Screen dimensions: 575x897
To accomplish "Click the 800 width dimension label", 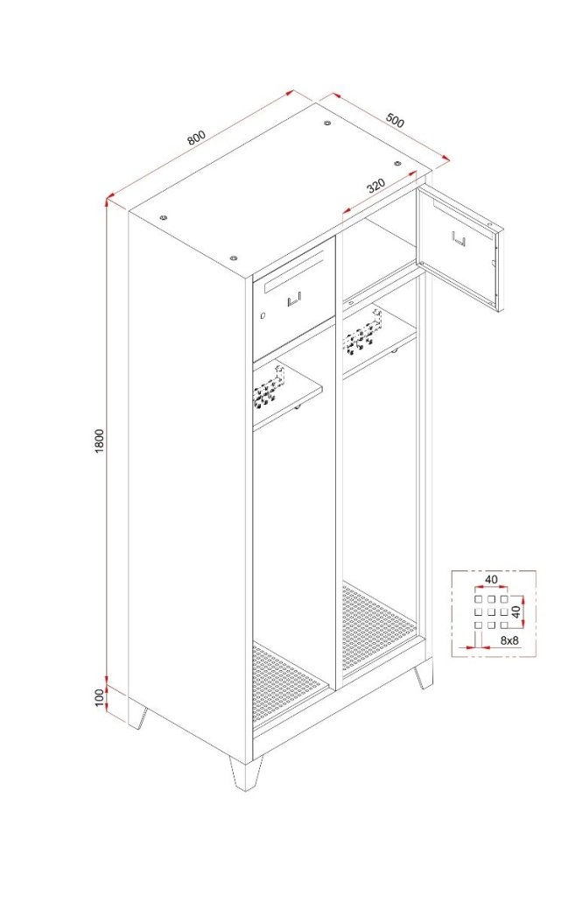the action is (x=195, y=138).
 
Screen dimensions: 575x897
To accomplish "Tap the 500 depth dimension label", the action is (x=395, y=121).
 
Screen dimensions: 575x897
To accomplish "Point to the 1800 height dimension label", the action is (x=100, y=441).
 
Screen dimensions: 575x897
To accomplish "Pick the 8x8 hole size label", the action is (x=508, y=640).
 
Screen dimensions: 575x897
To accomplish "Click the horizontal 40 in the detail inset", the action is (x=491, y=580).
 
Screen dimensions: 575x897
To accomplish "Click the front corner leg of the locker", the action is (x=246, y=773).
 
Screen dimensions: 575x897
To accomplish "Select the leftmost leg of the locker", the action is (x=137, y=715).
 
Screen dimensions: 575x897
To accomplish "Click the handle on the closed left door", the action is (x=294, y=300).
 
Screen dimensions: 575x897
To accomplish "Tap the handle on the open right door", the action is (x=459, y=238).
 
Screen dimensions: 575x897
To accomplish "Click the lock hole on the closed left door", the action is (x=263, y=315).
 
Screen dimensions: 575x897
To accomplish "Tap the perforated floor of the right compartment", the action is (x=378, y=625).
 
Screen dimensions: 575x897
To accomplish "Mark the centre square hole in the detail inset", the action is (x=490, y=611).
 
